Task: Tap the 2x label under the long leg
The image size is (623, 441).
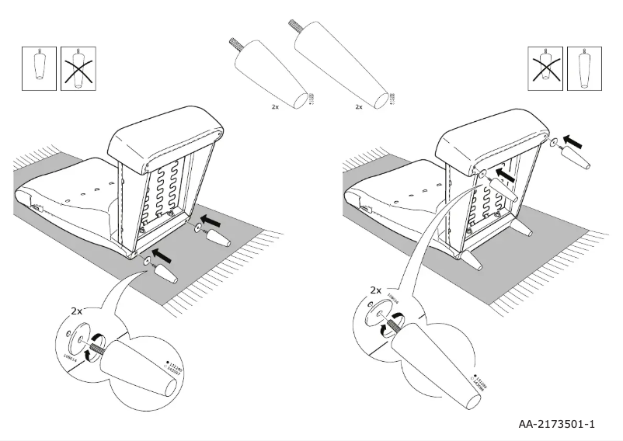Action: tap(358, 106)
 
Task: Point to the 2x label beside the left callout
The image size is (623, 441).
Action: tap(77, 310)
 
